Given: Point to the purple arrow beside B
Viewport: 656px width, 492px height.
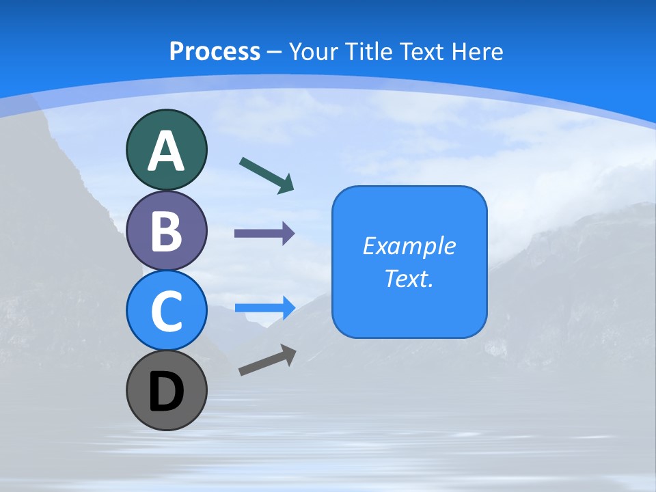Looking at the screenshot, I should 264,234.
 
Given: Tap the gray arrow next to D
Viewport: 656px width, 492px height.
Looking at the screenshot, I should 267,360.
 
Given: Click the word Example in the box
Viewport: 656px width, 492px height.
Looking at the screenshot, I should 409,246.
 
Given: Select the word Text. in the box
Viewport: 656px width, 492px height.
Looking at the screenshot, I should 409,278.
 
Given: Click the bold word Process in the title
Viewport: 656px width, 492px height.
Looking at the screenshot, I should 215,51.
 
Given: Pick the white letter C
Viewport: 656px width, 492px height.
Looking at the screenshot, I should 166,312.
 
